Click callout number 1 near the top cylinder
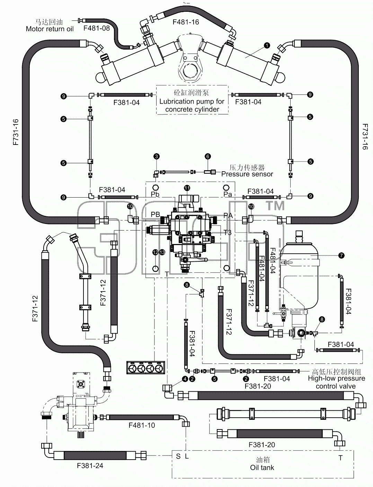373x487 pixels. pos(267,45)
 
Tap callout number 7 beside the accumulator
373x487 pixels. pos(341,255)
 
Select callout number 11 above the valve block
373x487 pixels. pos(187,188)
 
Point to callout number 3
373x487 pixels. pos(157,156)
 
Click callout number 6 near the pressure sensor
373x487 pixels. pos(208,156)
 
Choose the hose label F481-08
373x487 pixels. pos(97,28)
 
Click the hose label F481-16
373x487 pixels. pos(186,22)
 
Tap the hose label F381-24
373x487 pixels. pos(90,466)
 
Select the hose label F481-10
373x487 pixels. pos(142,425)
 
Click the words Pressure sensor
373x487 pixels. pos(247,174)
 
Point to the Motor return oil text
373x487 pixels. pos(50,29)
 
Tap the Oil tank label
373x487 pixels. pos(262,468)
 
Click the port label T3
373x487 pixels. pos(228,232)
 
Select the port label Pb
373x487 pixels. pos(155,194)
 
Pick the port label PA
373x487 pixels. pos(228,215)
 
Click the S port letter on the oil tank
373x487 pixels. pos(178,456)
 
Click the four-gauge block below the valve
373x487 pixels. pos(145,367)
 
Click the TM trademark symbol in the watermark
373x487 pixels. pos(275,206)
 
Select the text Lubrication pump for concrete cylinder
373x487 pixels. pos(192,105)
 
